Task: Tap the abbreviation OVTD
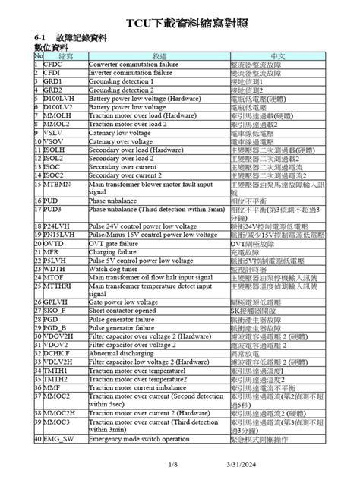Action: [x=54, y=243]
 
